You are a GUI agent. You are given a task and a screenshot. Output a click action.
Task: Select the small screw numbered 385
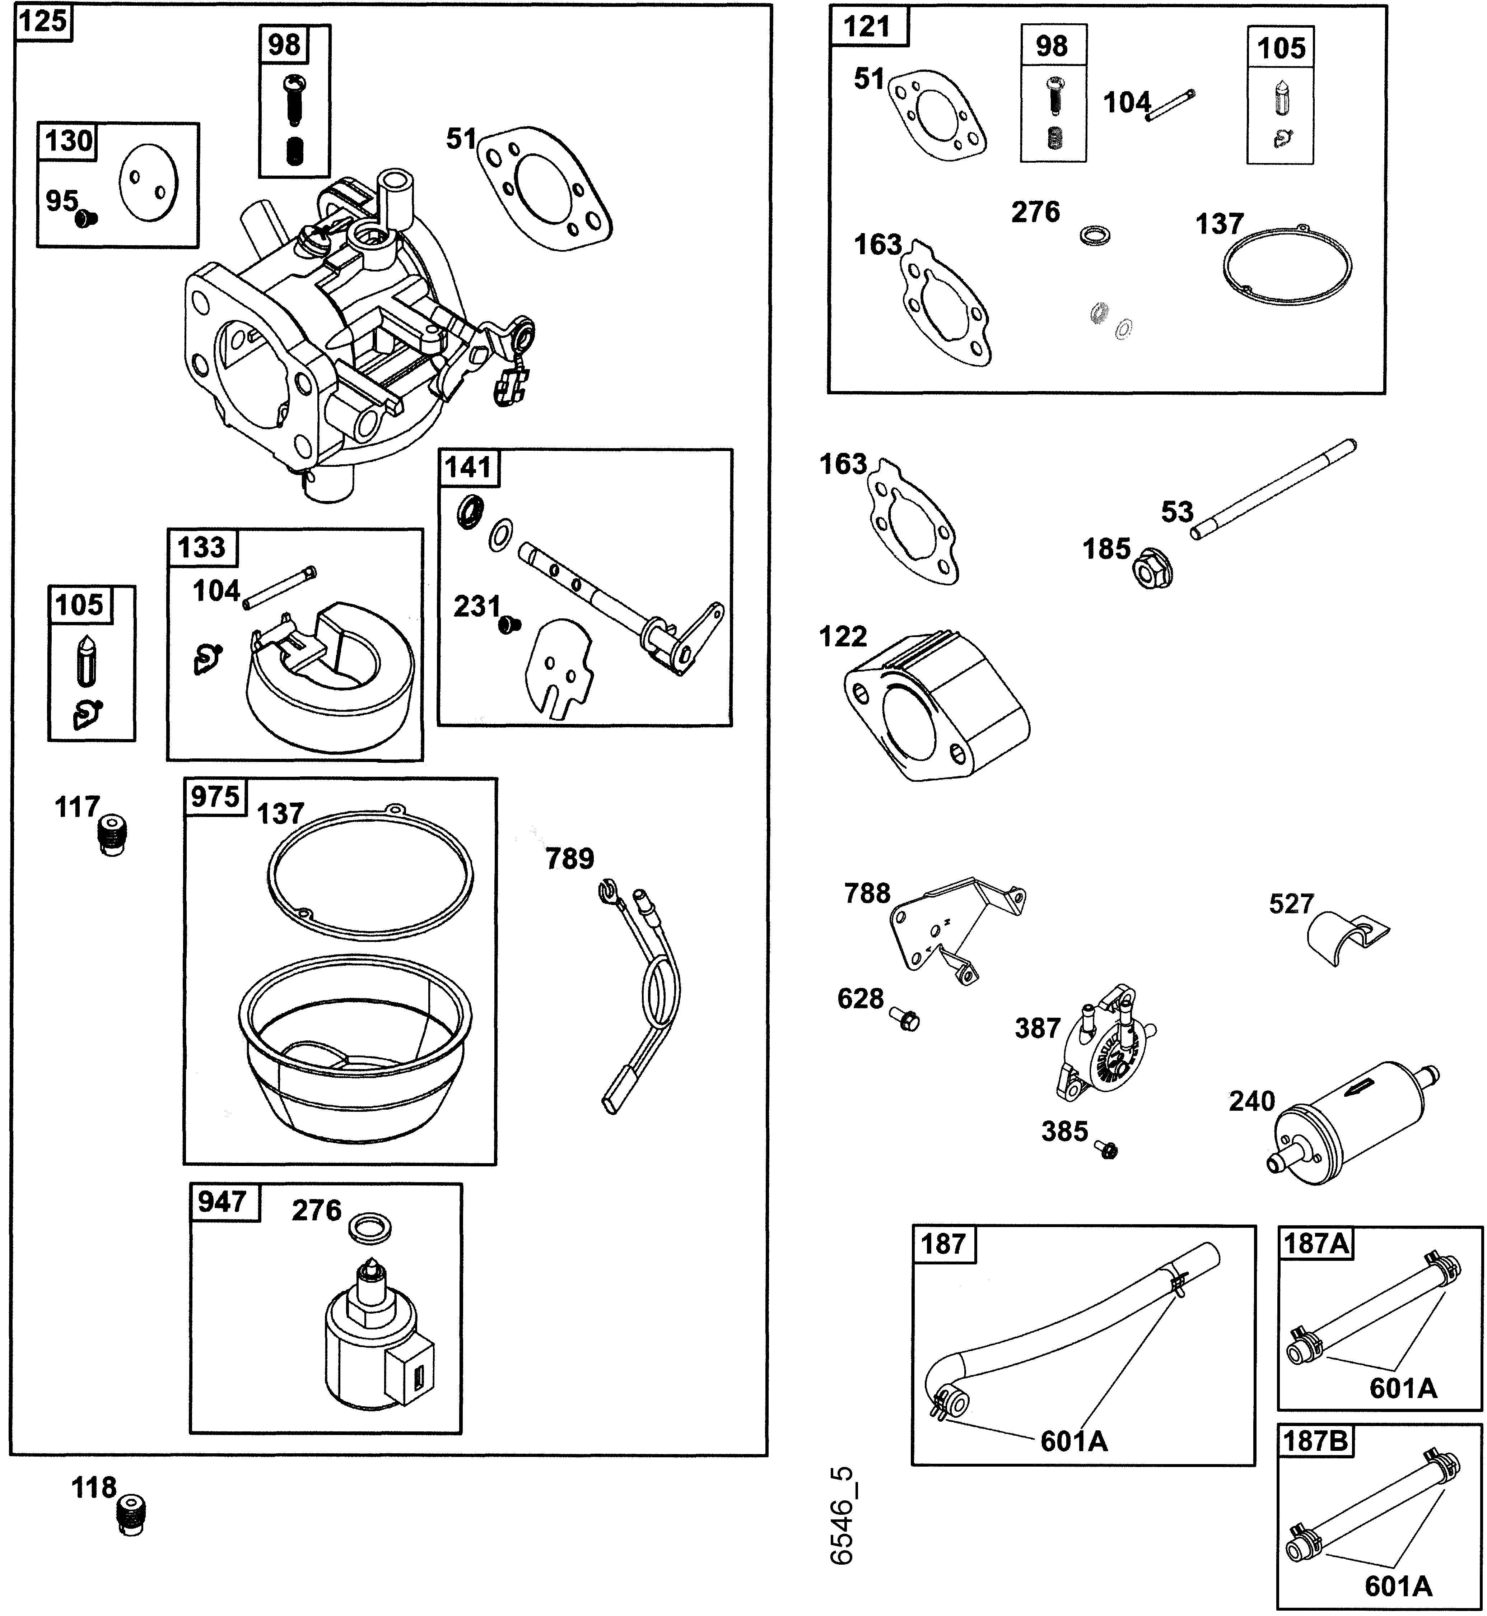1107,1150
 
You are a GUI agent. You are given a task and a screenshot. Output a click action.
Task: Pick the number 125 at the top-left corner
42,21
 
